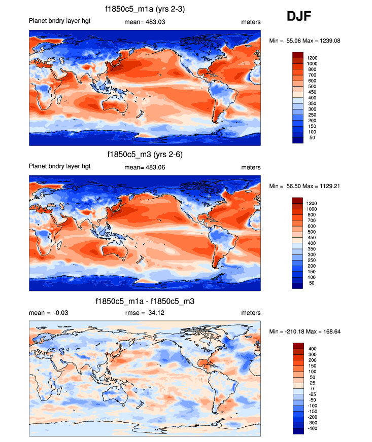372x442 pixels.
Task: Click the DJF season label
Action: pos(299,17)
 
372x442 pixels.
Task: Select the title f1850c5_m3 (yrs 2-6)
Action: pos(145,154)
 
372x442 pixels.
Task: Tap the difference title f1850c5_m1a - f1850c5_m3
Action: pos(145,301)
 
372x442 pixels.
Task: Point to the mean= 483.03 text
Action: pos(145,22)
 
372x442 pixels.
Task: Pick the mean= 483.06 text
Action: pos(145,167)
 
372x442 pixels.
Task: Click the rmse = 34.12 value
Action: pos(145,313)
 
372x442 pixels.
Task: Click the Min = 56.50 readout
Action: pos(286,186)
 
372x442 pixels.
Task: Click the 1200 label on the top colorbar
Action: pos(312,58)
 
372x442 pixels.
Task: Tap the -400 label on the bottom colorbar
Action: pos(312,428)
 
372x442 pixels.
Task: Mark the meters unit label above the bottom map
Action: pos(251,313)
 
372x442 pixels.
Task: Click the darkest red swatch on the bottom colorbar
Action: pos(298,346)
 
